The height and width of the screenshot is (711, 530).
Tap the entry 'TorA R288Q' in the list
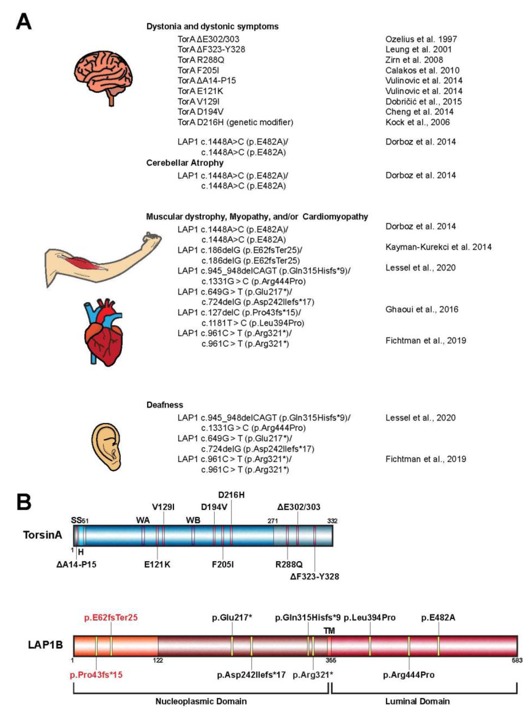point(201,60)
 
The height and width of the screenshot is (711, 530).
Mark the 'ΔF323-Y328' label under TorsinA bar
point(314,576)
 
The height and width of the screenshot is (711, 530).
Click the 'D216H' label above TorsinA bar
point(231,495)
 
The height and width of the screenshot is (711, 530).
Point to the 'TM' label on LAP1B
point(329,631)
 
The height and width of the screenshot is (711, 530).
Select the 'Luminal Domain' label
point(417,701)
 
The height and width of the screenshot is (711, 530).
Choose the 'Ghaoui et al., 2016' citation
point(422,309)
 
